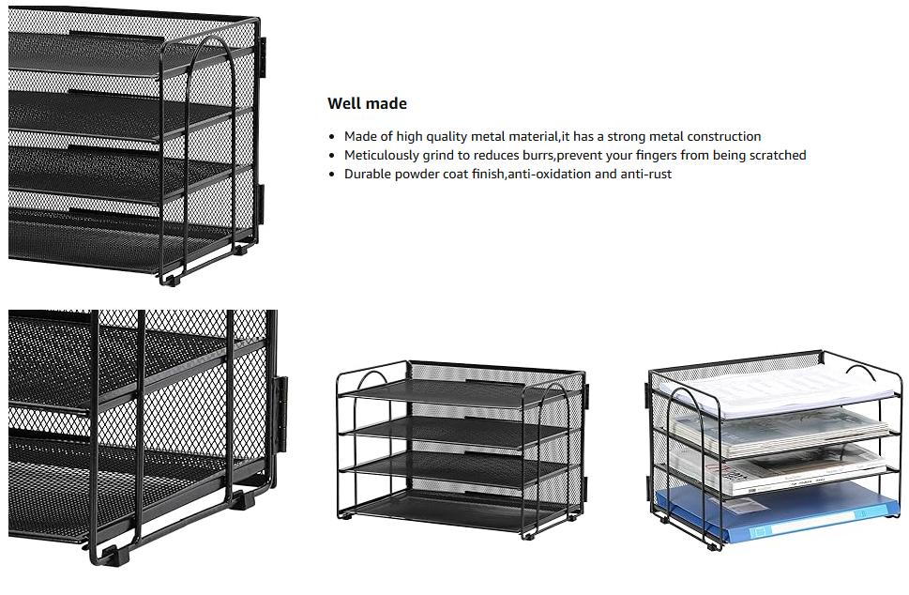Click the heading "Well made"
[367, 104]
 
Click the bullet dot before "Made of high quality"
[333, 137]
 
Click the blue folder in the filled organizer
[779, 514]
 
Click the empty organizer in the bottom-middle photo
[460, 450]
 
